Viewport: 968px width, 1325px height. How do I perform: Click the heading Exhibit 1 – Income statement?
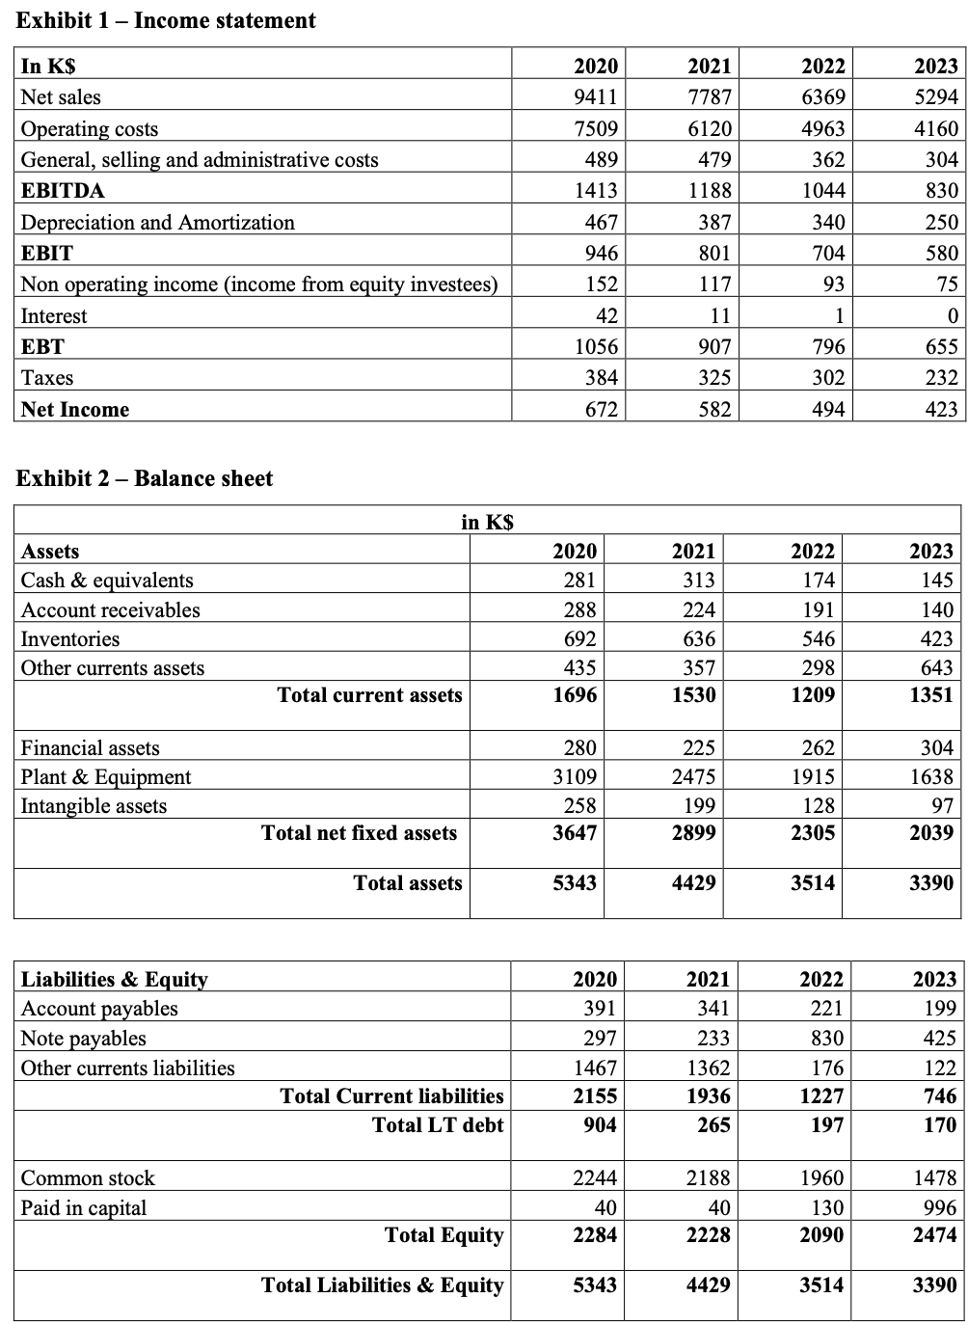coord(167,20)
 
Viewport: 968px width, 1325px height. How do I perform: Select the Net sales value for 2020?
coord(595,96)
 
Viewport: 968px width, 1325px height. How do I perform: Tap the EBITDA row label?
coord(63,190)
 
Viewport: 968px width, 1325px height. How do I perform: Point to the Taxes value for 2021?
coord(713,377)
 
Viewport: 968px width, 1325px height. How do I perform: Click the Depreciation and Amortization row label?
coord(158,222)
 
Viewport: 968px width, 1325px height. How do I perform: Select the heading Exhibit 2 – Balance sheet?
coord(145,478)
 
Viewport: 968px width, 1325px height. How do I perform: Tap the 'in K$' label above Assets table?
coord(488,522)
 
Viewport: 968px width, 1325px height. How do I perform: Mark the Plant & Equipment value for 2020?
coord(575,776)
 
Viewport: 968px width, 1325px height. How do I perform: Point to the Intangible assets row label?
coord(94,805)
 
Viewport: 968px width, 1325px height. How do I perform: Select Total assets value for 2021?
coord(694,882)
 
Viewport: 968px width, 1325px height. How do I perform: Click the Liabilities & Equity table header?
coord(115,979)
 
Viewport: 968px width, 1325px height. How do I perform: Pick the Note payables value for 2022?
coord(826,1038)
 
